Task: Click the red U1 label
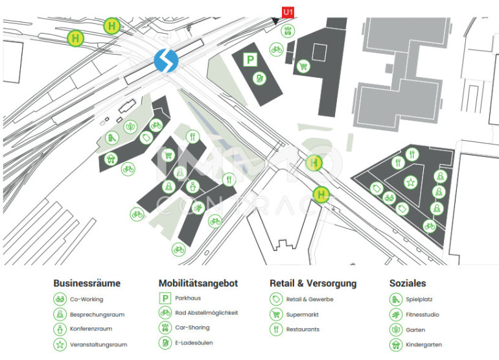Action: [x=288, y=10]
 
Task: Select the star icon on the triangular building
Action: [x=410, y=182]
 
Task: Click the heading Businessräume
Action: [x=87, y=283]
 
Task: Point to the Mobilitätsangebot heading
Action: [x=198, y=283]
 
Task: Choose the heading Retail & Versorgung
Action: [x=313, y=283]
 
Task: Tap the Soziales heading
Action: [x=408, y=283]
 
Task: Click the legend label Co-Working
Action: [x=87, y=300]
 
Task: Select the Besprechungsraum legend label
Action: [x=97, y=315]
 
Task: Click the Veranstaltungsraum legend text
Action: [x=99, y=344]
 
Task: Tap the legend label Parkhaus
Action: [x=188, y=298]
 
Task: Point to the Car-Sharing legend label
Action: [x=192, y=328]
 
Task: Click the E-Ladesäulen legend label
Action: [x=194, y=342]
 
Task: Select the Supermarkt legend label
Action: [x=303, y=315]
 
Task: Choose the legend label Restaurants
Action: [x=303, y=330]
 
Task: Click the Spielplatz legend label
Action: [x=419, y=300]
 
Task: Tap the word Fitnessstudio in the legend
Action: [x=423, y=315]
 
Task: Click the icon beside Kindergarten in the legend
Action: [x=395, y=344]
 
